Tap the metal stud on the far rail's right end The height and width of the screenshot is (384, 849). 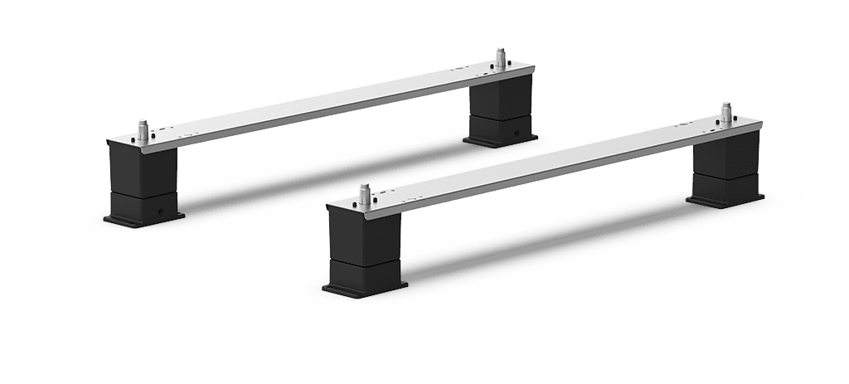tap(500, 57)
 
